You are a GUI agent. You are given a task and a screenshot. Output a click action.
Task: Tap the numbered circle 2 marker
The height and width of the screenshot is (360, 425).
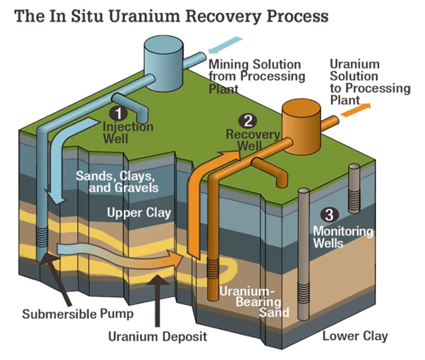[246, 120]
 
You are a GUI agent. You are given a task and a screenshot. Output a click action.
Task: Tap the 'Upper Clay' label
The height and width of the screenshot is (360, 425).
[139, 213]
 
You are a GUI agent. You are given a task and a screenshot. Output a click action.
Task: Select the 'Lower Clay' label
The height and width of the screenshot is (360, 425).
[355, 336]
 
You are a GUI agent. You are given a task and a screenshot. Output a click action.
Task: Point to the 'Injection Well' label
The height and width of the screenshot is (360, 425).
[128, 132]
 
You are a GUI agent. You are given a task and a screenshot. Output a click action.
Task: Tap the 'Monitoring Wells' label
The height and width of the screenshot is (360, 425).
[343, 237]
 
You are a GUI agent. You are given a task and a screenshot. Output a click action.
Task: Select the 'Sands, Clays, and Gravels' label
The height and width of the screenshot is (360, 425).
[115, 182]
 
